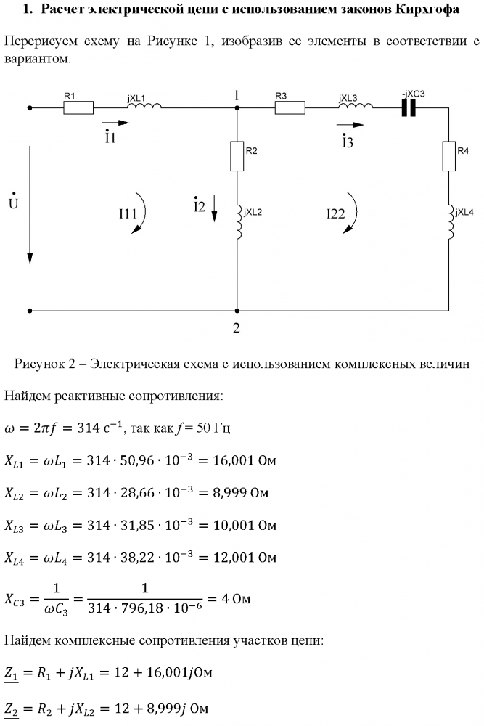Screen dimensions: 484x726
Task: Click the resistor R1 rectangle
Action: tap(78, 108)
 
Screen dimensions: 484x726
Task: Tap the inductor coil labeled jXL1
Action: tap(144, 105)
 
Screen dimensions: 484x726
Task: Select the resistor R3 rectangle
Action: tap(290, 108)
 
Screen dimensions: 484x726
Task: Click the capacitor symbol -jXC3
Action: tap(409, 108)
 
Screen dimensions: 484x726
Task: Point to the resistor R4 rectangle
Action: tap(449, 156)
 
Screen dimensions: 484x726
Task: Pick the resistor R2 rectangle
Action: tap(237, 156)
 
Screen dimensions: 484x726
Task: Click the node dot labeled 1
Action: tap(237, 108)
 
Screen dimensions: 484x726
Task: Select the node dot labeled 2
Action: tap(237, 311)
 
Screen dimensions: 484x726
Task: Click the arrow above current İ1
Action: tap(115, 123)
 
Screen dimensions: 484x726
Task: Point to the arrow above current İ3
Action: tap(350, 125)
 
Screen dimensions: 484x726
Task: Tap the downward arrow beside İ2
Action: tap(215, 208)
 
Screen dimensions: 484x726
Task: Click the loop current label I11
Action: tap(128, 213)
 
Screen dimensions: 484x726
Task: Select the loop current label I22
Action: tap(336, 213)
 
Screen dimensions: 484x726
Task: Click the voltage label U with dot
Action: tap(13, 201)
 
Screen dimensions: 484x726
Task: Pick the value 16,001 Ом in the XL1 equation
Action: tap(245, 461)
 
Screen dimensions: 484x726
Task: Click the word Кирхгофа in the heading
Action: tap(427, 9)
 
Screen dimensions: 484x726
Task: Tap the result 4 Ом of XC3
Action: tap(236, 599)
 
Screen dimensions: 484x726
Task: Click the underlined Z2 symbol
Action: tap(11, 709)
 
